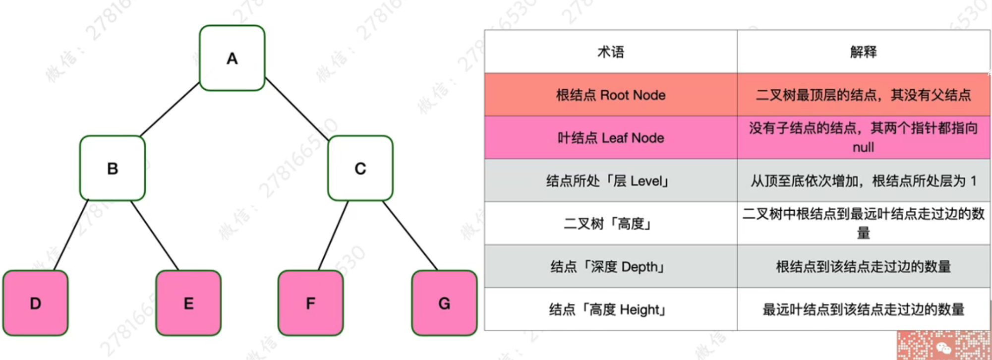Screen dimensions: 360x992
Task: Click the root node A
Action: pos(232,58)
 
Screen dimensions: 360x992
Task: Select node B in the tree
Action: pos(113,168)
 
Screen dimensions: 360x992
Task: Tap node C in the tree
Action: pos(360,168)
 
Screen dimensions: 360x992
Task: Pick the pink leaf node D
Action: pos(35,303)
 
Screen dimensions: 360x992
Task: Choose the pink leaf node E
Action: pos(188,303)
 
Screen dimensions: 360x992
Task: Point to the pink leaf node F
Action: pos(310,303)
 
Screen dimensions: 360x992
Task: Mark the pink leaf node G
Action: pos(444,303)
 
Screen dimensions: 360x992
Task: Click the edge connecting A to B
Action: pos(170,110)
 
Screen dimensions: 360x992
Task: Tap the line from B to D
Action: pos(71,235)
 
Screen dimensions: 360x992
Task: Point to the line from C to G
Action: pos(410,236)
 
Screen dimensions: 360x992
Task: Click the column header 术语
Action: pos(611,52)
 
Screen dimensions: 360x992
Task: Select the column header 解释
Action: pos(863,52)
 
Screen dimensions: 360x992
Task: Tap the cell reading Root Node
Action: pos(611,95)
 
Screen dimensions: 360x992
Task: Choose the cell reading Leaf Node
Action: pos(611,138)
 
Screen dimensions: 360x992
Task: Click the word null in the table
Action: pos(863,147)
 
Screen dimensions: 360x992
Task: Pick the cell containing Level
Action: pos(608,181)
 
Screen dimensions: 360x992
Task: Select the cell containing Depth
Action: pos(608,267)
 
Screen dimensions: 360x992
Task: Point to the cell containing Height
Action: pos(608,309)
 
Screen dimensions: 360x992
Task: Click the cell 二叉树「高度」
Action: pos(608,224)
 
